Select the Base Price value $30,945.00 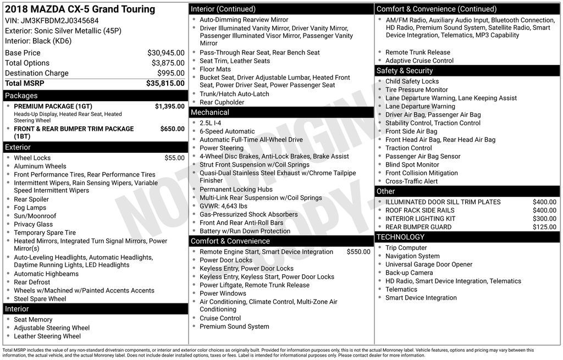pos(165,53)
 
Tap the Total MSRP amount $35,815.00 pos(165,84)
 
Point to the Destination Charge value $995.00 pos(170,73)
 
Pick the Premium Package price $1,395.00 pos(169,107)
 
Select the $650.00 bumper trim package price pos(172,129)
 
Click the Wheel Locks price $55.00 pos(174,158)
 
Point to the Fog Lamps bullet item pos(30,208)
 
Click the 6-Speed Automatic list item pos(227,131)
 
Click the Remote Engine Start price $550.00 pos(358,252)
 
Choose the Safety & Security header pos(404,70)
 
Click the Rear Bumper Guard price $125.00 pos(544,227)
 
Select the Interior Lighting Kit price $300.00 pos(544,219)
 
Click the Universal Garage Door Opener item pos(428,264)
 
